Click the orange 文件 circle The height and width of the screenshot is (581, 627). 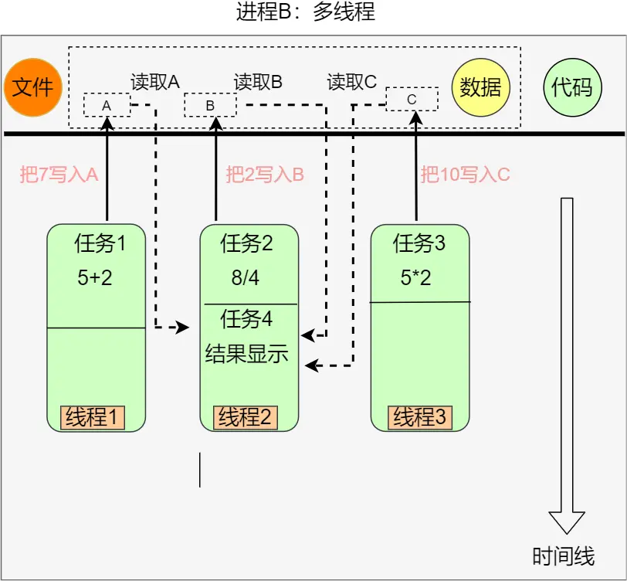tap(32, 87)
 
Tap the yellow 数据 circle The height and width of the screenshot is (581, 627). tap(480, 87)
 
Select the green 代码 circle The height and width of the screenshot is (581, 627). tap(572, 87)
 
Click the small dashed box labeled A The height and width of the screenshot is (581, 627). tap(107, 104)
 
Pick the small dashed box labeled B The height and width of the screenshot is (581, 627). tap(210, 104)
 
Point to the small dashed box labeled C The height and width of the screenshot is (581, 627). tap(412, 99)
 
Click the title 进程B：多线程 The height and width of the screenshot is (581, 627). tap(313, 12)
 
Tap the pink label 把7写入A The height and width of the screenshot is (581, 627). tap(59, 175)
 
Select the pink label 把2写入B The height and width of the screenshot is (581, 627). tap(265, 175)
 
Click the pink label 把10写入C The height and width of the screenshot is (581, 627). tap(466, 175)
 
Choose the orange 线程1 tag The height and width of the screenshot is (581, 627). tap(93, 417)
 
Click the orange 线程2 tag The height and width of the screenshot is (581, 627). tap(245, 417)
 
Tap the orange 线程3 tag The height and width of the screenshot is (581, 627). tap(420, 417)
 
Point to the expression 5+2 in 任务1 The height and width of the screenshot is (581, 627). tap(95, 278)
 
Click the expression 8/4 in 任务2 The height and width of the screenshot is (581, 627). tap(246, 278)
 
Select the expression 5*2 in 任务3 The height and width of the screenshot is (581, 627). tap(416, 278)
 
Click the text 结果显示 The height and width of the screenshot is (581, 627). tap(247, 354)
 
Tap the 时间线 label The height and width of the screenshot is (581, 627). tap(564, 556)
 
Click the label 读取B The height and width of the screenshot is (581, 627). tap(258, 82)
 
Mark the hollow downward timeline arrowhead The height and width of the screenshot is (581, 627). tap(566, 522)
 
